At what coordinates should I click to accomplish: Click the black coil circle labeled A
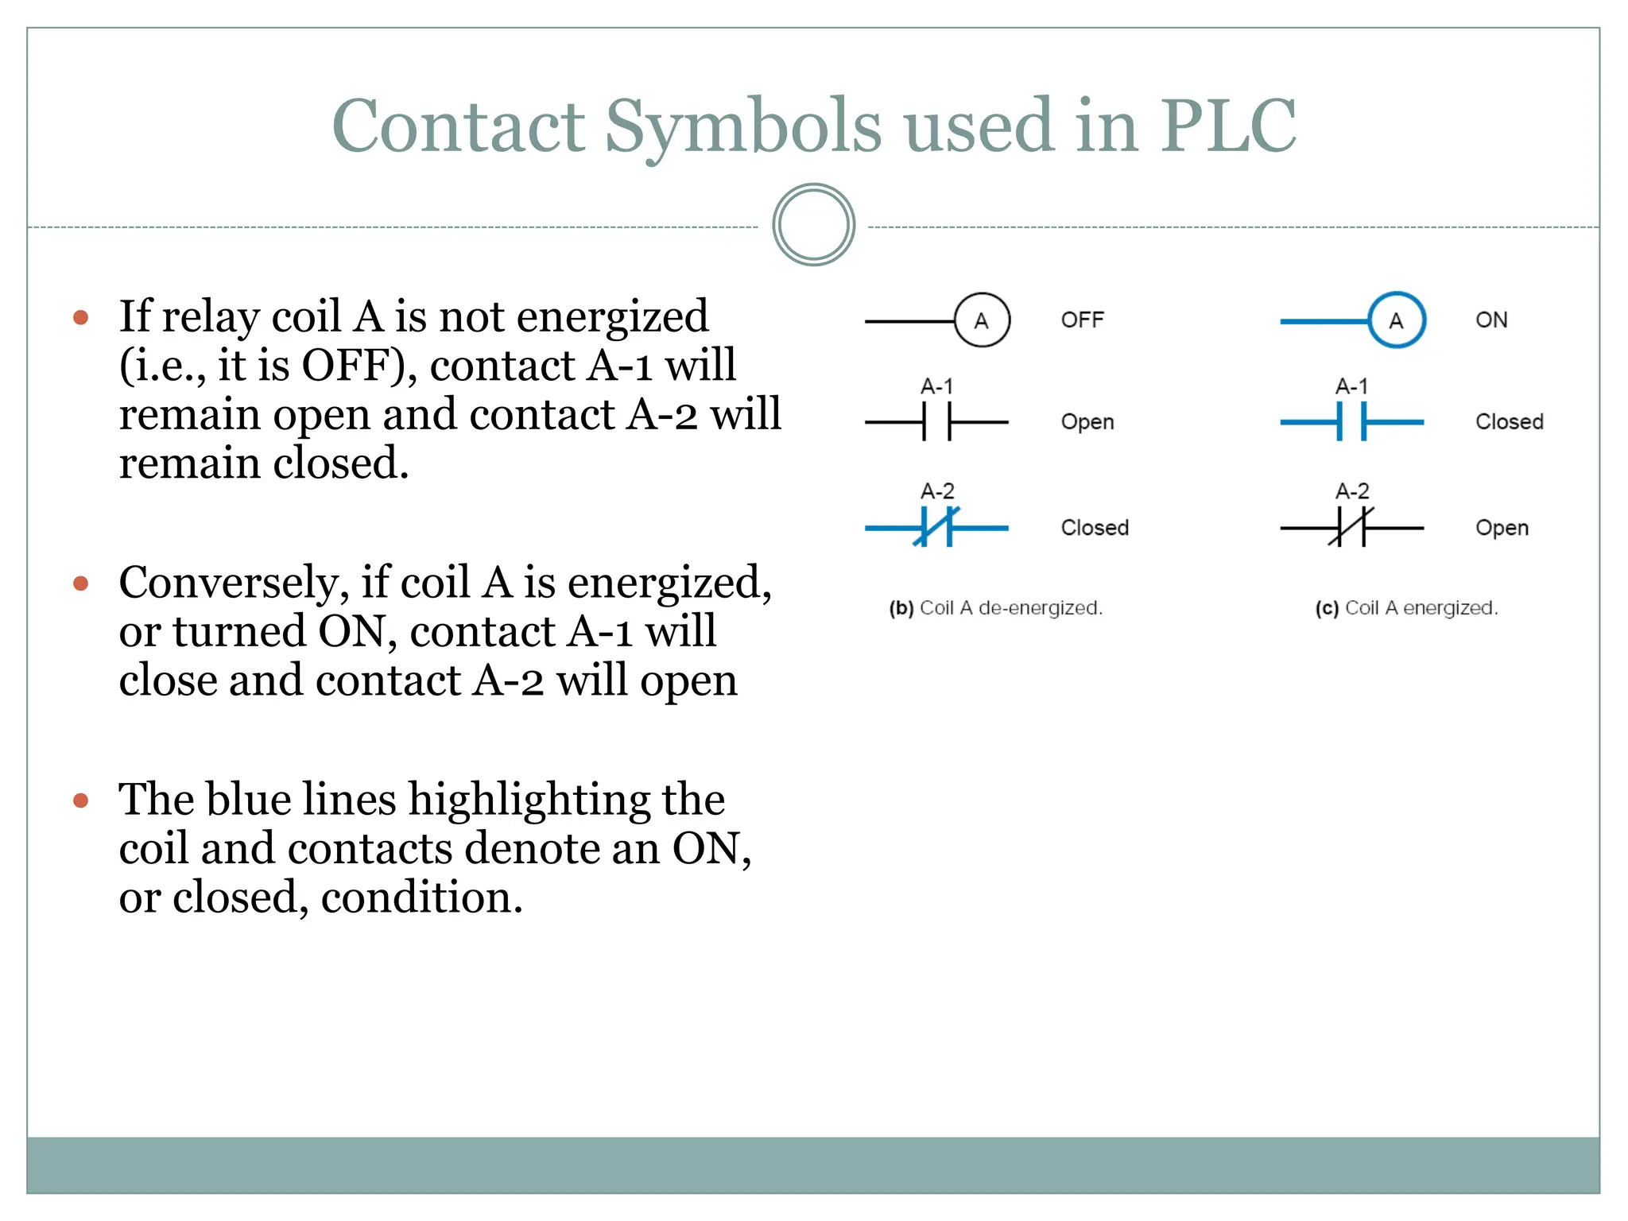tap(982, 320)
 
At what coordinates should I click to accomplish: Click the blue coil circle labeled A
tap(1397, 320)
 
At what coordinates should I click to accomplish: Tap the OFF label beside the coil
tap(1082, 320)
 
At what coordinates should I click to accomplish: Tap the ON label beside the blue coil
tap(1491, 320)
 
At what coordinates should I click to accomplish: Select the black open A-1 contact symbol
tap(937, 422)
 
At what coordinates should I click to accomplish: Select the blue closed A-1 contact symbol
tap(1351, 422)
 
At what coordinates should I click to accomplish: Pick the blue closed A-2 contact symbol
tap(937, 528)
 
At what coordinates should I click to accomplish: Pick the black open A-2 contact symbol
tap(1351, 528)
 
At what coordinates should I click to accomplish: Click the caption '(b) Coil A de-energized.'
tap(995, 608)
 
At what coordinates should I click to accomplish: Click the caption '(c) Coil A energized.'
tap(1406, 608)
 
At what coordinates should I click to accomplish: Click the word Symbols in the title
tap(742, 127)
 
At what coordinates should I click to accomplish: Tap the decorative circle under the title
tap(813, 225)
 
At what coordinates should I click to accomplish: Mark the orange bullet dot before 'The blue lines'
tap(80, 800)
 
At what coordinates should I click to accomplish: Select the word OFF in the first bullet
tap(353, 366)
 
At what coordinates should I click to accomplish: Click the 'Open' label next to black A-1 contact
tap(1087, 422)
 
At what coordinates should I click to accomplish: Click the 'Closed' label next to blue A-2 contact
tap(1095, 528)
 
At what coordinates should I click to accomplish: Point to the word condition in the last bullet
tap(421, 897)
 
